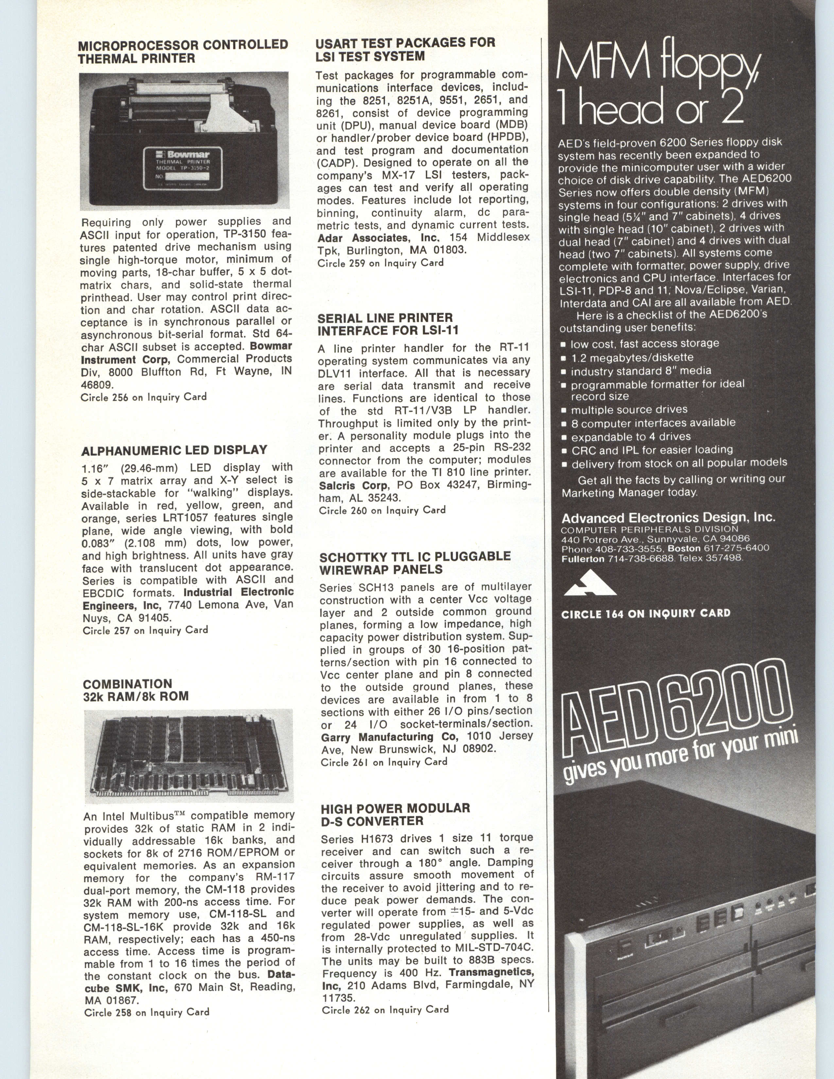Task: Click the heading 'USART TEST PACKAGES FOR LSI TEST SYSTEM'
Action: (405, 49)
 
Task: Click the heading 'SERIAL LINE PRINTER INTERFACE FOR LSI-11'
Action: (388, 324)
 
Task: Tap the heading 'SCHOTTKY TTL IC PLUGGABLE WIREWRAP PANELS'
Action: (415, 563)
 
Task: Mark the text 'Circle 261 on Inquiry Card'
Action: (384, 762)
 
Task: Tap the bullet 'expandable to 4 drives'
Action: (631, 437)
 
